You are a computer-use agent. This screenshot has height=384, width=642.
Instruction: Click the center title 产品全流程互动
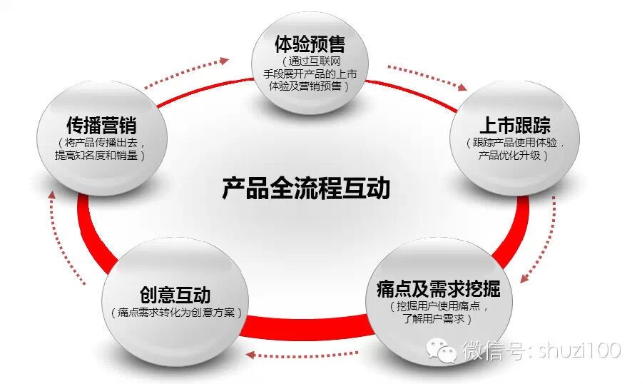click(305, 189)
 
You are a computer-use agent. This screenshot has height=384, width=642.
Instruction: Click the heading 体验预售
click(310, 44)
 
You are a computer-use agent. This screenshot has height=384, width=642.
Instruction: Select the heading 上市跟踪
click(514, 126)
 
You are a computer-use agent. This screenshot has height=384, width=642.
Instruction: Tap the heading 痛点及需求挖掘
click(438, 289)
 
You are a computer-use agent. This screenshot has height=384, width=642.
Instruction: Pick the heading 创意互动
click(175, 294)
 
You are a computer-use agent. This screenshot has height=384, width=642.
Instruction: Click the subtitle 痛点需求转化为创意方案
click(176, 313)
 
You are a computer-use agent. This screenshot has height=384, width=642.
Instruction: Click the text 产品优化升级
click(513, 155)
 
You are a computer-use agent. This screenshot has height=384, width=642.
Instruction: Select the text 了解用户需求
click(438, 319)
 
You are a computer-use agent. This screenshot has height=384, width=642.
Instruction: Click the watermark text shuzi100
click(581, 350)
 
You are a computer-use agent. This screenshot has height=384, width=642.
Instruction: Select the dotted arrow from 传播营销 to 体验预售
click(187, 71)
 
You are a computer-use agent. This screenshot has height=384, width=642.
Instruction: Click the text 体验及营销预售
click(310, 86)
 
